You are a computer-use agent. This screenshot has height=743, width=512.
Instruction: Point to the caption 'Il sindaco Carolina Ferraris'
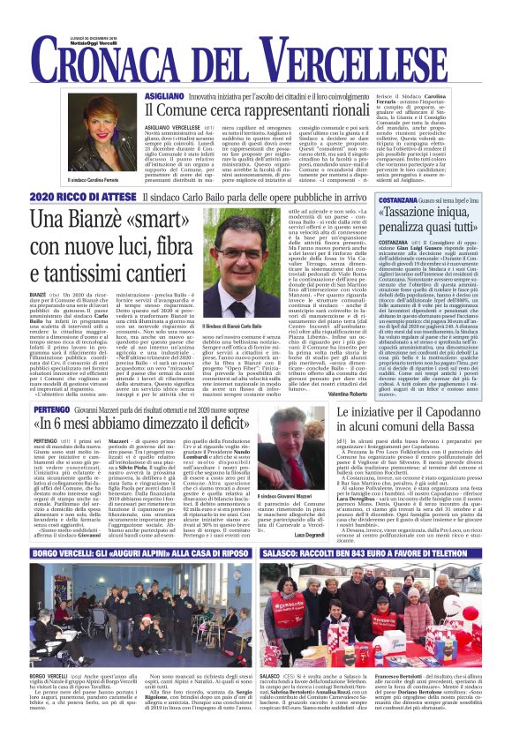(x=101, y=180)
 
